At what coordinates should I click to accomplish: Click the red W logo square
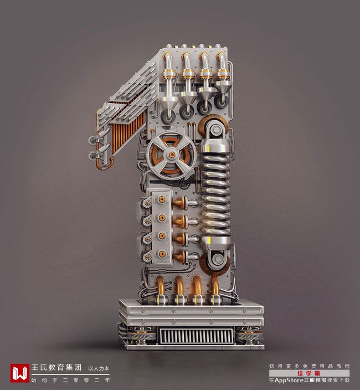point(19,373)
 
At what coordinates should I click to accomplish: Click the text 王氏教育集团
point(56,368)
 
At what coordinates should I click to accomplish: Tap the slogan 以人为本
point(99,368)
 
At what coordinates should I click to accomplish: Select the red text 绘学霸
point(309,373)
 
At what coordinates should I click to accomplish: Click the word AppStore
point(289,380)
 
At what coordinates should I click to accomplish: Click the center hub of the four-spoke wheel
point(172,155)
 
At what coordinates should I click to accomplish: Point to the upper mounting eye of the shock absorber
point(216,130)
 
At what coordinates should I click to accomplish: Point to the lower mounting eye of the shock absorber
point(218,259)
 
